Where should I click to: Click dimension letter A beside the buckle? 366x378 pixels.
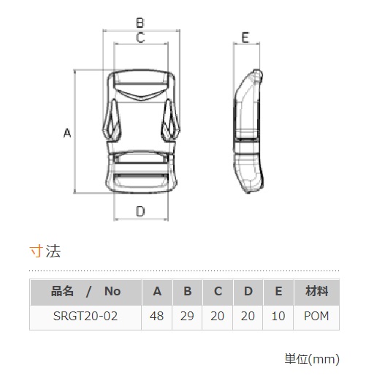[67, 133]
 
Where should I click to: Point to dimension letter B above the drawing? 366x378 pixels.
[140, 23]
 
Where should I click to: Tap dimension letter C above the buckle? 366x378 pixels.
[140, 38]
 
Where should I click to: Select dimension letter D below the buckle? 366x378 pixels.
[140, 211]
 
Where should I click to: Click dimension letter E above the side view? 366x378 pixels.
[245, 38]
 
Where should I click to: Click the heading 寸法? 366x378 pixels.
[45, 251]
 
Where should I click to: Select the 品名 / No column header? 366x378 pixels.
[85, 291]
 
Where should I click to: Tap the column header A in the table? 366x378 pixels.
[157, 291]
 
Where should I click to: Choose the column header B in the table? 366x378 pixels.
[187, 291]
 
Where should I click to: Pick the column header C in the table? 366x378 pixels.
[218, 291]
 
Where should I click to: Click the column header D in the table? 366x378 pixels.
[248, 291]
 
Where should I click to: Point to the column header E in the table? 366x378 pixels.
[278, 291]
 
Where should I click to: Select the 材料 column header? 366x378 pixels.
[316, 291]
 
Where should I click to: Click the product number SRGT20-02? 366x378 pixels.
[85, 316]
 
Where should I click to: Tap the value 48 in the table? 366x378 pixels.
[156, 316]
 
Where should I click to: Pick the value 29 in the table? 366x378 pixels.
[187, 316]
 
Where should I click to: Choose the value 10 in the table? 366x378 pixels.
[278, 316]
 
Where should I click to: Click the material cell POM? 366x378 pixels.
[316, 316]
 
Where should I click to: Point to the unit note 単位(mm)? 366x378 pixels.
[312, 359]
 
